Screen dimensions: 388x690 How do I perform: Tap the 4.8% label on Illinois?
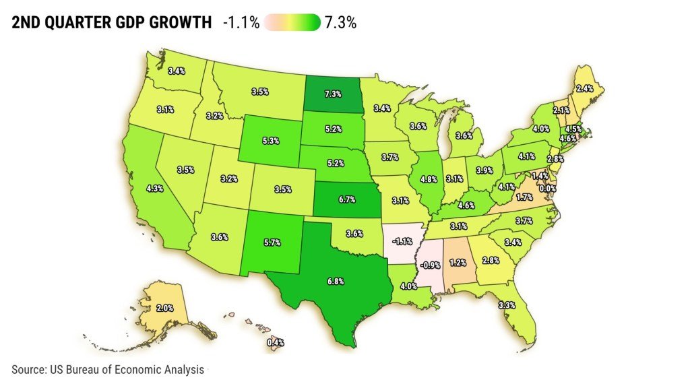pyautogui.click(x=431, y=179)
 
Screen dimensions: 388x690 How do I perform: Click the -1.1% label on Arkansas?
pyautogui.click(x=403, y=241)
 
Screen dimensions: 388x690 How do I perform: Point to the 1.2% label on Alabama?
pyautogui.click(x=458, y=261)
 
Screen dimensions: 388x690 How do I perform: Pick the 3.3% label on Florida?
pyautogui.click(x=507, y=305)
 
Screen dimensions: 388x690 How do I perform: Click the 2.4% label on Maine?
pyautogui.click(x=584, y=88)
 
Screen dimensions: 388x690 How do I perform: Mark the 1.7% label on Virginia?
pyautogui.click(x=523, y=197)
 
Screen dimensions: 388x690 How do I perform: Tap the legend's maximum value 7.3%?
pyautogui.click(x=340, y=23)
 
